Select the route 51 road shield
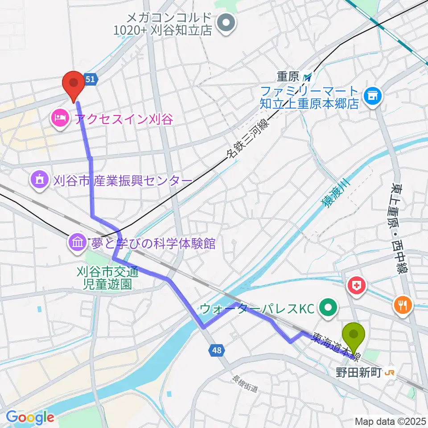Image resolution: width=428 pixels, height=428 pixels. pyautogui.click(x=90, y=79)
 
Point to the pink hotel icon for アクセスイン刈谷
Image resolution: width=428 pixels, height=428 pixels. pyautogui.click(x=59, y=119)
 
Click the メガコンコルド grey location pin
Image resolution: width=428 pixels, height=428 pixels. pyautogui.click(x=226, y=23)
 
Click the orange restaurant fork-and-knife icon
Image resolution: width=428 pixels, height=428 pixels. pyautogui.click(x=402, y=305)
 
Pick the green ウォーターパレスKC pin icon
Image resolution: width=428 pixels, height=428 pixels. pyautogui.click(x=329, y=307)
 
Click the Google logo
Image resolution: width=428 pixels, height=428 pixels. pyautogui.click(x=30, y=417)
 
